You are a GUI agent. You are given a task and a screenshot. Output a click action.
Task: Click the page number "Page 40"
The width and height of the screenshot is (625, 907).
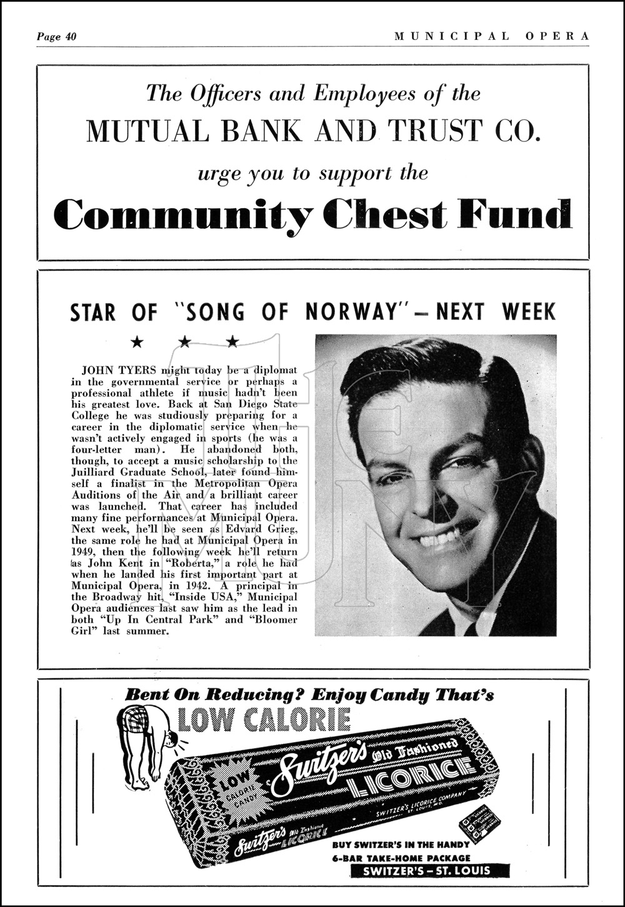pyautogui.click(x=56, y=36)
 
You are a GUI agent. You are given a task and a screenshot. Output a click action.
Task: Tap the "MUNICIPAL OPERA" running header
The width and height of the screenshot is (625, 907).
pyautogui.click(x=491, y=36)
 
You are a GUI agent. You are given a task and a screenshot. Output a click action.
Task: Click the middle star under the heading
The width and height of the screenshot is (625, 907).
pyautogui.click(x=185, y=341)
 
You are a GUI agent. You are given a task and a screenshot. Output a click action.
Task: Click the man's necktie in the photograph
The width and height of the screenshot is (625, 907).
pyautogui.click(x=470, y=627)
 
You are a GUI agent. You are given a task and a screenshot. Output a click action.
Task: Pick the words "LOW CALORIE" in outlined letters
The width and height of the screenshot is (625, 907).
pyautogui.click(x=264, y=720)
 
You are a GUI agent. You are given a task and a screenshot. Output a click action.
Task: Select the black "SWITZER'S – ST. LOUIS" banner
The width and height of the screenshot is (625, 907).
pyautogui.click(x=429, y=871)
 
